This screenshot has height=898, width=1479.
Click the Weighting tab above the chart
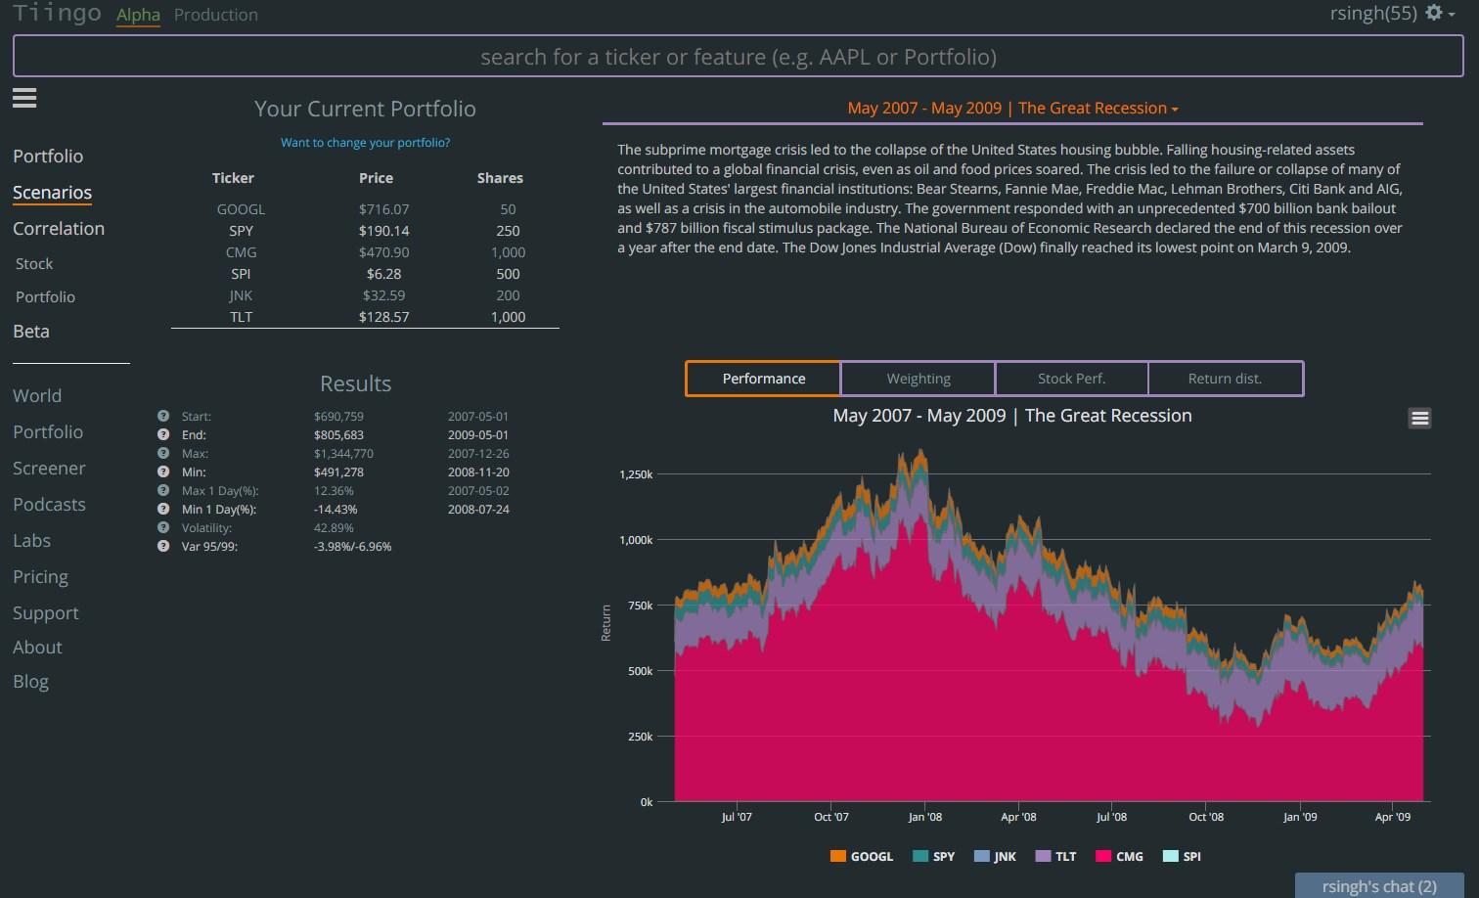click(918, 379)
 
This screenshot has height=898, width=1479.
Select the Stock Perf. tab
click(1071, 379)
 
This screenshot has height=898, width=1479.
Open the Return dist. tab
click(1225, 379)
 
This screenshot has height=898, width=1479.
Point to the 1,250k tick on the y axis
click(636, 474)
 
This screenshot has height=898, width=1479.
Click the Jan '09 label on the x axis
click(1300, 817)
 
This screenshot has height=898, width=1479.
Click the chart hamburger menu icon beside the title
click(1419, 419)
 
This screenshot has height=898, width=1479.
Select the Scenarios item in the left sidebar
click(52, 193)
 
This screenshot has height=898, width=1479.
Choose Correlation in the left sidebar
click(59, 229)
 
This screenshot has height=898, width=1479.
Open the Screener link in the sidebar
click(49, 469)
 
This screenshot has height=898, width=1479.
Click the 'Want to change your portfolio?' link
click(365, 143)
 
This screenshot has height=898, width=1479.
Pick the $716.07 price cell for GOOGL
click(383, 209)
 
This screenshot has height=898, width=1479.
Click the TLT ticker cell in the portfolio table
click(241, 317)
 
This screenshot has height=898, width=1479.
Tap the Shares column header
click(500, 178)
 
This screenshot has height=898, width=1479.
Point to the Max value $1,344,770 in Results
click(343, 454)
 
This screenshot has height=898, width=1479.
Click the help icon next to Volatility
click(163, 527)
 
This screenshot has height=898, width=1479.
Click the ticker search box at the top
click(738, 57)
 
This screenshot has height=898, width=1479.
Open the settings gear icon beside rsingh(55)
click(1434, 13)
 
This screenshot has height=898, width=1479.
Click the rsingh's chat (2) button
click(1378, 886)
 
